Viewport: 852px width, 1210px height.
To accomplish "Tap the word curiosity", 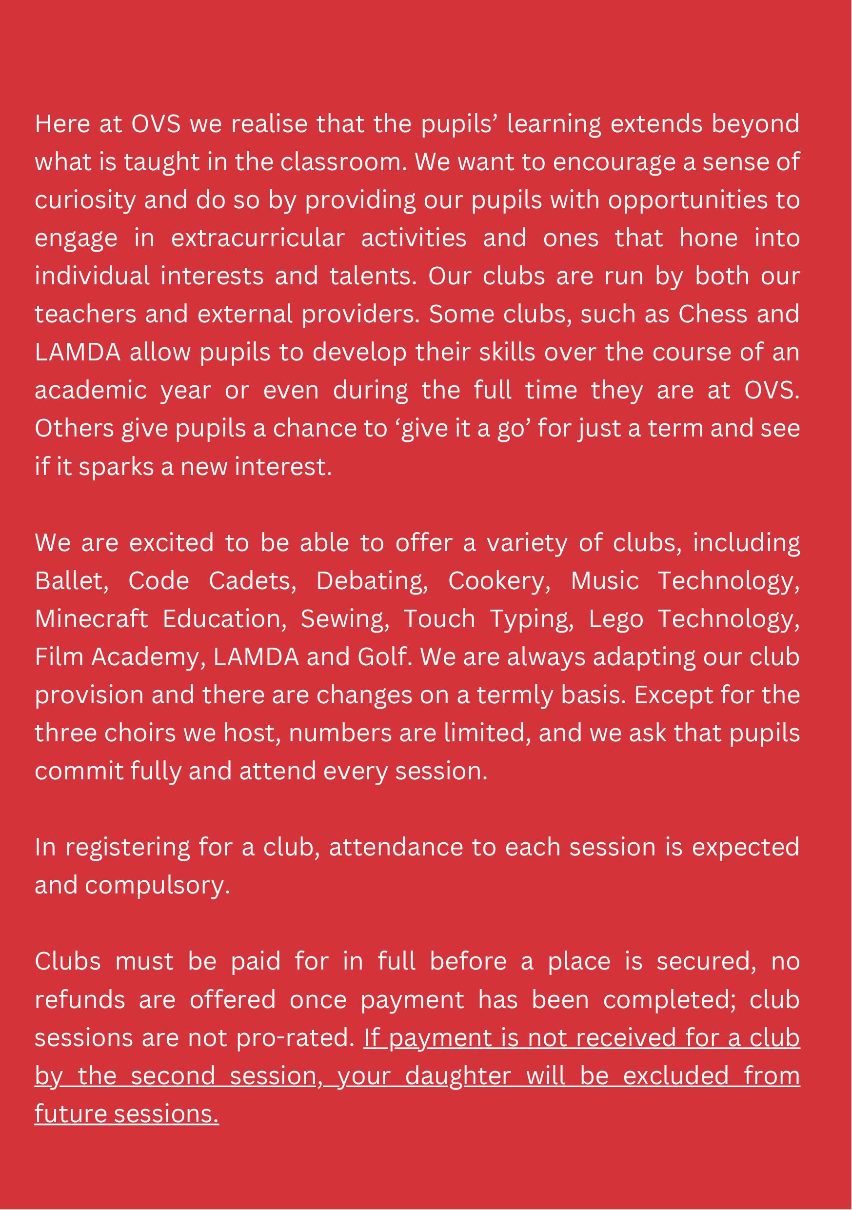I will click(x=85, y=201).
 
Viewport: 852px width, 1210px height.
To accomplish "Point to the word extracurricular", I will click(x=258, y=238).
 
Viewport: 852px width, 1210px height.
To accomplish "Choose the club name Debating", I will click(x=372, y=581).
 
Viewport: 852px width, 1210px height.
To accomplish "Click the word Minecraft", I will click(x=91, y=619).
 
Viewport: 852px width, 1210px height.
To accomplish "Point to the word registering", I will click(x=127, y=848).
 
